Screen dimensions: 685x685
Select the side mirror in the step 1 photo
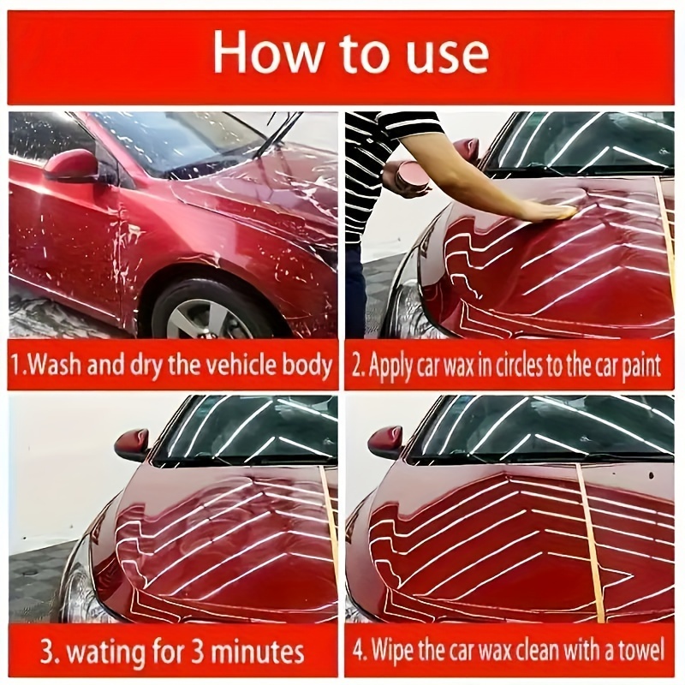click(x=71, y=166)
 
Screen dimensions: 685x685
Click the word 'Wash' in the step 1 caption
click(x=63, y=366)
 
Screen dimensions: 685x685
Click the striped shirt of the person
click(x=368, y=171)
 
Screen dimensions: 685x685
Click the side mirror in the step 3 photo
click(x=132, y=444)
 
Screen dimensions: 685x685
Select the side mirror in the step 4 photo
click(x=385, y=442)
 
